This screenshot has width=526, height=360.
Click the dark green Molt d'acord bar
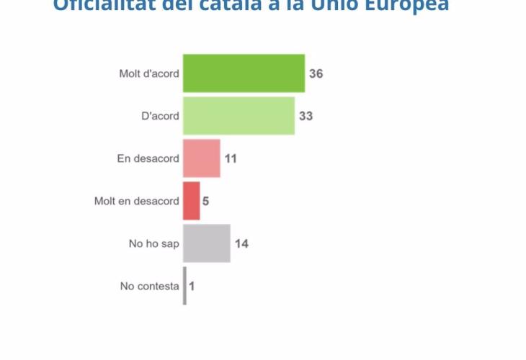pyautogui.click(x=244, y=73)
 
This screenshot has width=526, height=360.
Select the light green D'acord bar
pyautogui.click(x=239, y=116)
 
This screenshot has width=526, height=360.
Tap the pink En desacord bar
pyautogui.click(x=201, y=158)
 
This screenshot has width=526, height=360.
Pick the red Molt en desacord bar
pyautogui.click(x=191, y=201)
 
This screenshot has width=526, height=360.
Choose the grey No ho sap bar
pyautogui.click(x=206, y=243)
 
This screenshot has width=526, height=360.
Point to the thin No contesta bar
pyautogui.click(x=184, y=286)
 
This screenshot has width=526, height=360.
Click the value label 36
pyautogui.click(x=316, y=73)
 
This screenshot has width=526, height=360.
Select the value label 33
pyautogui.click(x=306, y=116)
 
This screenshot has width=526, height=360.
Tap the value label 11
pyautogui.click(x=231, y=158)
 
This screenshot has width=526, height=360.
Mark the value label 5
pyautogui.click(x=205, y=201)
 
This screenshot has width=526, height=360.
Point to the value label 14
pyautogui.click(x=241, y=243)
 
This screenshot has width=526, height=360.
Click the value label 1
pyautogui.click(x=192, y=286)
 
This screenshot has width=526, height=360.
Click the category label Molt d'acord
pyautogui.click(x=149, y=73)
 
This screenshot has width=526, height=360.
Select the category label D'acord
pyautogui.click(x=160, y=116)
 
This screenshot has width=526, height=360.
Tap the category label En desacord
pyautogui.click(x=148, y=158)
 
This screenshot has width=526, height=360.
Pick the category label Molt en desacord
pyautogui.click(x=136, y=201)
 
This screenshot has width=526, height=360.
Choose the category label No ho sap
pyautogui.click(x=153, y=243)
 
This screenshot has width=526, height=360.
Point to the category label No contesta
pyautogui.click(x=149, y=286)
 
